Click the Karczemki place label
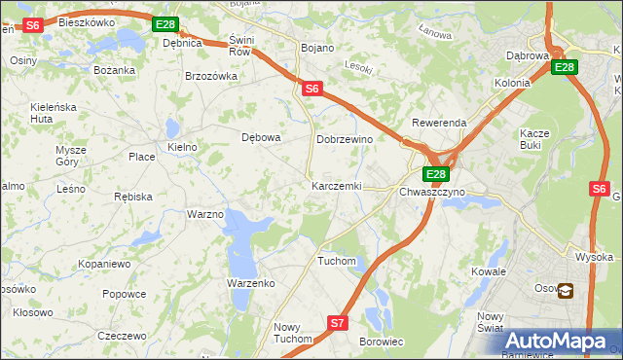[x=336, y=185]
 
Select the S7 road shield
[x=337, y=322]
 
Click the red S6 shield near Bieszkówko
[x=32, y=25]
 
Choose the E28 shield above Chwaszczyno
[x=435, y=174]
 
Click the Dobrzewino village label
[x=345, y=139]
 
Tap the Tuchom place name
[x=337, y=261]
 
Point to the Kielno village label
[x=182, y=147]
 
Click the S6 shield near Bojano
[x=311, y=89]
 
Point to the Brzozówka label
[x=211, y=76]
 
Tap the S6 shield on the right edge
[x=600, y=190]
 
